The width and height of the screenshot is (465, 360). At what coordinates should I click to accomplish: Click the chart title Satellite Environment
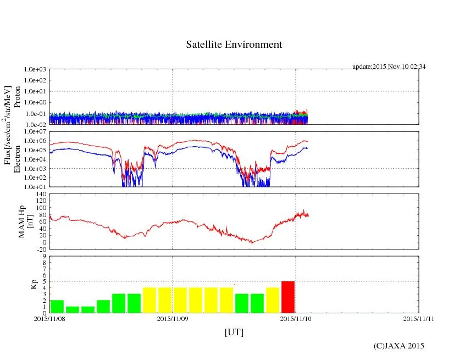click(x=234, y=45)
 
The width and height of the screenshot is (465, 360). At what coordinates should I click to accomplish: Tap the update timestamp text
click(x=389, y=67)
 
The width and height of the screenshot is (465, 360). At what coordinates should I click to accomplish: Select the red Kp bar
click(x=288, y=297)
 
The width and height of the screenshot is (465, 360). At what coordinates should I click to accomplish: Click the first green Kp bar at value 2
click(x=57, y=306)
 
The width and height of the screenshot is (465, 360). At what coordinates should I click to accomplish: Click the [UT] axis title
click(x=234, y=332)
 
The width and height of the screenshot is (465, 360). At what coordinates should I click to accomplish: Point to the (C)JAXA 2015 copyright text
click(x=399, y=346)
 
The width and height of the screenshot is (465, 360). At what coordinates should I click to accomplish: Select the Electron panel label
click(x=17, y=159)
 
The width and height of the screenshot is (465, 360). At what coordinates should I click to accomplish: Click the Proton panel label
click(x=17, y=97)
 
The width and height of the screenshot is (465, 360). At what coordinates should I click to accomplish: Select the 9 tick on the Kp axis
click(x=44, y=256)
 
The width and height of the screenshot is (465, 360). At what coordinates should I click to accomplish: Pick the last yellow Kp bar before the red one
click(x=273, y=300)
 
